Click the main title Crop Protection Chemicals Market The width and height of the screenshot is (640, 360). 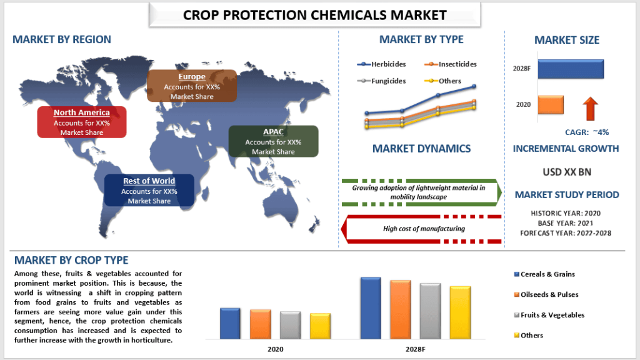click(x=315, y=14)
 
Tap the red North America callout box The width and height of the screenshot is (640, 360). click(x=82, y=122)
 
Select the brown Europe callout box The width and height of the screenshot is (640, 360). click(x=192, y=86)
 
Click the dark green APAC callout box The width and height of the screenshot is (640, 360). click(x=273, y=141)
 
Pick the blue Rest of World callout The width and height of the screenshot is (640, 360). click(x=149, y=191)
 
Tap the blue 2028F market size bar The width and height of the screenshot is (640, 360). click(x=570, y=69)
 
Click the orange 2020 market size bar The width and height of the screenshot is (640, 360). click(x=551, y=104)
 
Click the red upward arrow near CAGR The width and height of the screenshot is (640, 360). click(x=590, y=108)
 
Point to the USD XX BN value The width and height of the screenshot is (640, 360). click(x=566, y=171)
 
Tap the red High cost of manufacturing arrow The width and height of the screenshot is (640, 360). click(x=424, y=229)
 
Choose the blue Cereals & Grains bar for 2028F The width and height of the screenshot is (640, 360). click(x=371, y=307)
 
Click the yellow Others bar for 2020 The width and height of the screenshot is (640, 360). click(x=320, y=325)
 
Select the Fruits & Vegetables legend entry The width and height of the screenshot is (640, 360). click(x=544, y=314)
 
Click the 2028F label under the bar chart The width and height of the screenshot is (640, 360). click(x=414, y=349)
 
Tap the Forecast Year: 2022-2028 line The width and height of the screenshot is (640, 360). click(x=566, y=233)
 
